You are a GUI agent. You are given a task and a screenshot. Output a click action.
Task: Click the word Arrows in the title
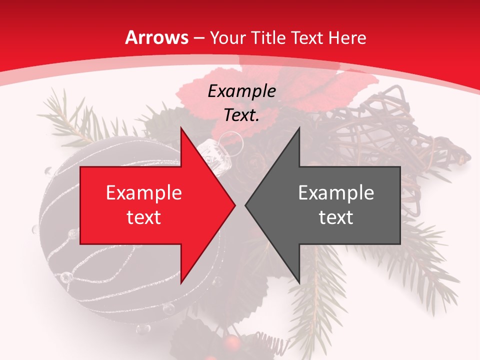point(157,37)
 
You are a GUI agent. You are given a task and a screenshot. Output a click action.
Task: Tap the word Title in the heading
point(270,37)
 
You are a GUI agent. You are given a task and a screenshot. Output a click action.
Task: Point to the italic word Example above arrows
point(241,91)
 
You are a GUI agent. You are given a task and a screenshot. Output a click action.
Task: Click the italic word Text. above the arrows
point(241,115)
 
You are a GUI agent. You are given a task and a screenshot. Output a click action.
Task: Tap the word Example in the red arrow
point(143,193)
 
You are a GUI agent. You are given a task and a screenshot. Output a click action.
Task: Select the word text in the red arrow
point(143,217)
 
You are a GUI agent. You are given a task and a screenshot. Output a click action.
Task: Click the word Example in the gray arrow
point(336,193)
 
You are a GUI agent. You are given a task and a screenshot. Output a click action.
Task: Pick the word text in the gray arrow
point(336,217)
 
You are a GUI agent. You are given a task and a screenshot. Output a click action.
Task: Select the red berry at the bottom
point(231,343)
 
